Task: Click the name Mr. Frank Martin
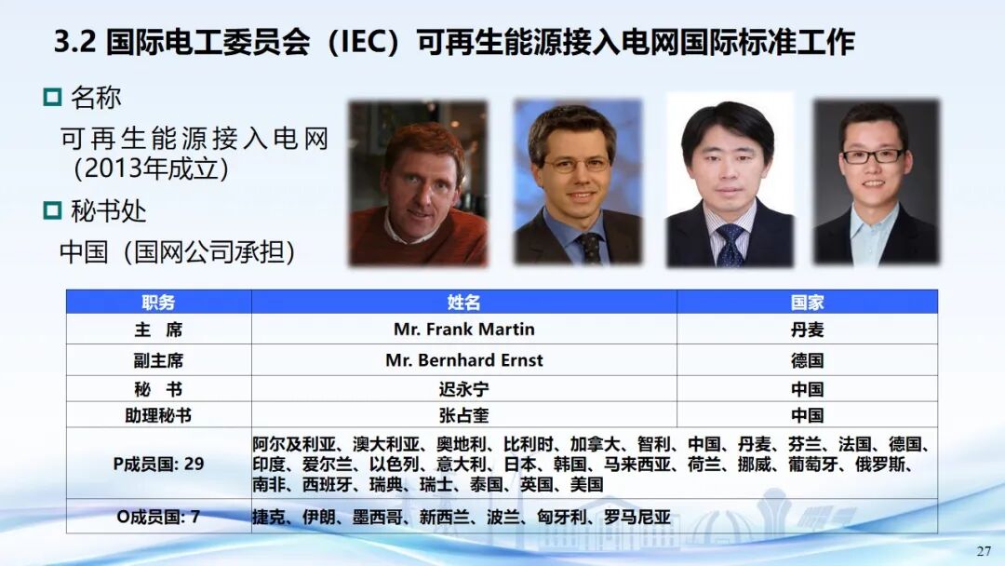[464, 330]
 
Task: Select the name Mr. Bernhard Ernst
[464, 360]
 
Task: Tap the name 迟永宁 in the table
[464, 389]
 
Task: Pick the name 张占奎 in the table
[464, 415]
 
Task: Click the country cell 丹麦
[807, 330]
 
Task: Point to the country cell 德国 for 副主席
[807, 360]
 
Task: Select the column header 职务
[158, 302]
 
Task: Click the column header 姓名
[464, 302]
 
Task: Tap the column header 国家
[807, 302]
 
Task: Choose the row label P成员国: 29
[158, 464]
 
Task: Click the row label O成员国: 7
[158, 516]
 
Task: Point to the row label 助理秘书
[158, 415]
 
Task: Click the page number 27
[984, 551]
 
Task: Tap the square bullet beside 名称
[52, 98]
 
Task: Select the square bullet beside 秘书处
[52, 210]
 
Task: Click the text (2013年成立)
[152, 168]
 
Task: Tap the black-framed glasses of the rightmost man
[873, 155]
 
